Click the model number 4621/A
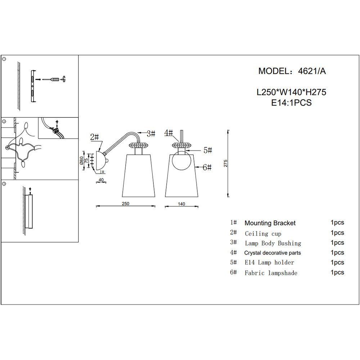tap(312, 71)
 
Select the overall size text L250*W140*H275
tap(291, 92)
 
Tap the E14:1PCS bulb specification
tap(291, 103)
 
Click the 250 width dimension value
tap(125, 204)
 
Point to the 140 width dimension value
tap(181, 204)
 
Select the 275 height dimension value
tap(225, 163)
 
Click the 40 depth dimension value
tap(101, 180)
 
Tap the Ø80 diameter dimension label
tap(81, 161)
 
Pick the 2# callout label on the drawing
tap(94, 137)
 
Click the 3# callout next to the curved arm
tap(151, 134)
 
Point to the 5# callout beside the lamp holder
tap(208, 150)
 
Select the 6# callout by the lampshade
tap(207, 167)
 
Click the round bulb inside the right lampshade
tap(181, 161)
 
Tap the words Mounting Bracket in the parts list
tap(270, 223)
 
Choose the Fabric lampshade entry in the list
tap(271, 273)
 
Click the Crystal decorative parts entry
tap(273, 253)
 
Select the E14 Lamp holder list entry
tap(269, 262)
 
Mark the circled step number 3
tap(4, 184)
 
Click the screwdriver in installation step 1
tap(51, 80)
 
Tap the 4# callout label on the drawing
tap(168, 133)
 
